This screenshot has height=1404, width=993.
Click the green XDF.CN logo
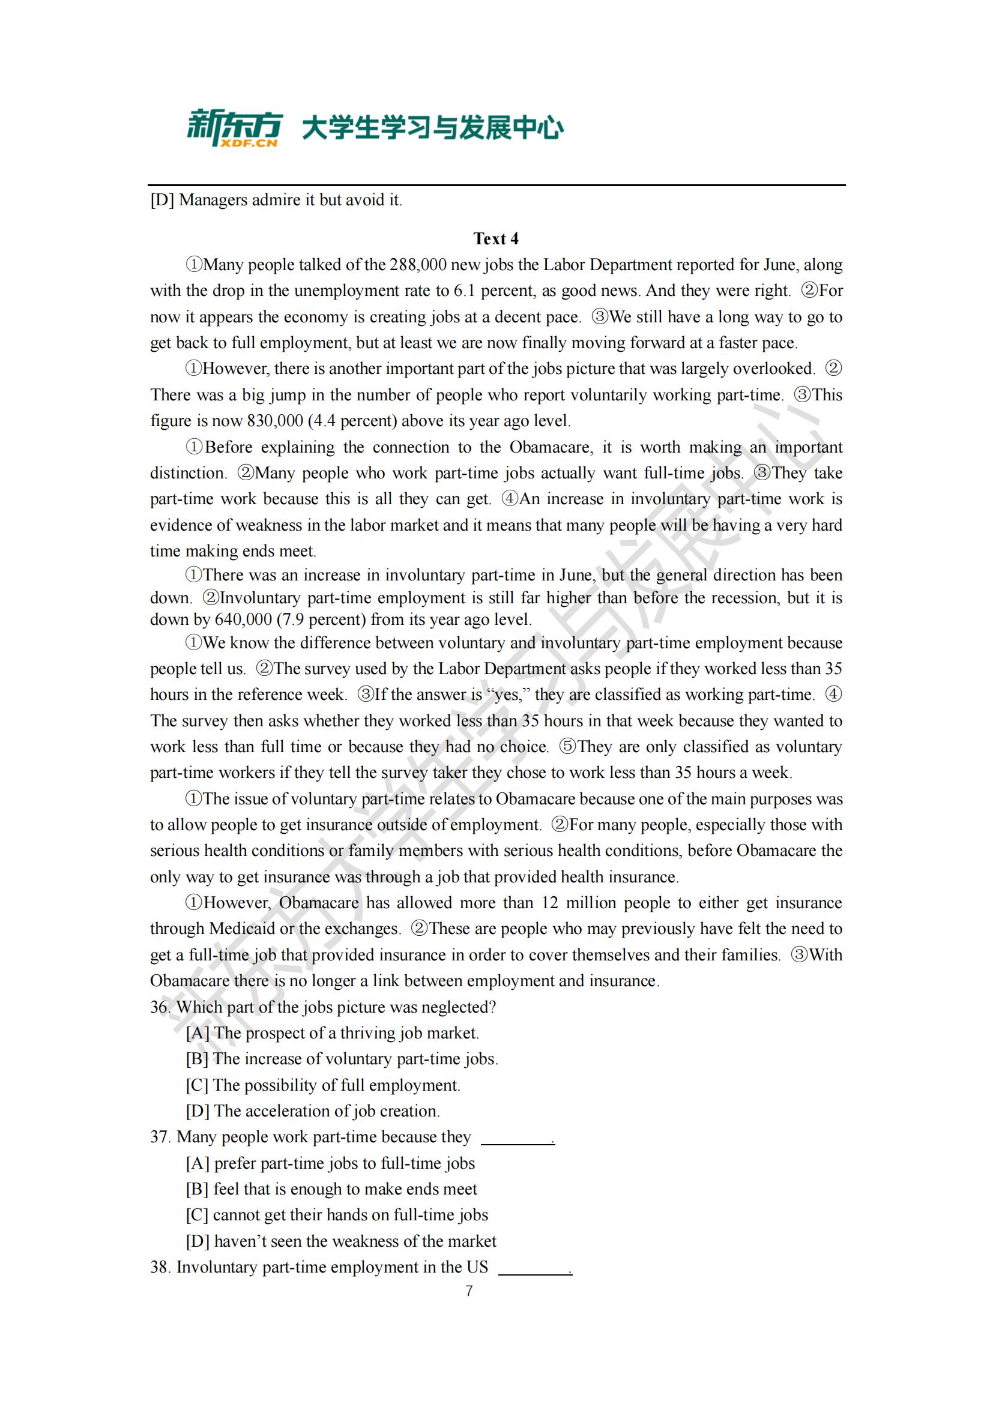tap(234, 128)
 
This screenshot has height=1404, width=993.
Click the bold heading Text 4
tap(496, 238)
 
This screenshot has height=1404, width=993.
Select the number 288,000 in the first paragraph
tap(408, 265)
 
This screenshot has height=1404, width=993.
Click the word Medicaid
tap(242, 928)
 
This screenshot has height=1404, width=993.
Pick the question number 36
tap(160, 1007)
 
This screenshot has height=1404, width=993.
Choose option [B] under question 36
tap(342, 1058)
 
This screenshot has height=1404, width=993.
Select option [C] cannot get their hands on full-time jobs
tap(337, 1214)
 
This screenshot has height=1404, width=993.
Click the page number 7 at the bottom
tap(469, 1291)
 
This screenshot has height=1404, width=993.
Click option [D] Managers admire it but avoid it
tap(276, 200)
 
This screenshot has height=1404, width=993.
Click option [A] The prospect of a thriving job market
tap(332, 1033)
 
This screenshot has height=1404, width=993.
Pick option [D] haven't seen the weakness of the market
tap(341, 1241)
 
